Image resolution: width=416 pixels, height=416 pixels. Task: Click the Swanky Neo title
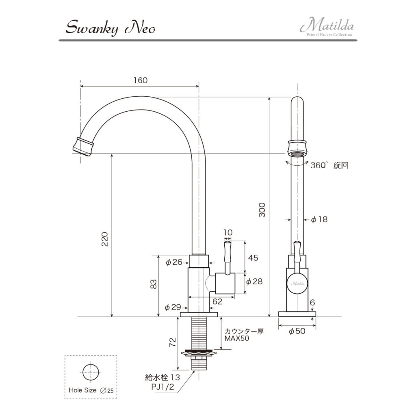point(110,28)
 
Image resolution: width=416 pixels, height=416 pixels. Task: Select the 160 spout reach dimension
point(141,80)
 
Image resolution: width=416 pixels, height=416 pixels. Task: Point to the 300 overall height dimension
point(262,209)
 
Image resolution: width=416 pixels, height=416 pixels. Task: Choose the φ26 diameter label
point(174,262)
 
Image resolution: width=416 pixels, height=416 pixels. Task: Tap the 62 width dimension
point(217,301)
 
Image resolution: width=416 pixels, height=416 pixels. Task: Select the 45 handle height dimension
point(253,258)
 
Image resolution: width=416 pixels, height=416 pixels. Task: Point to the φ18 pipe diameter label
point(319,220)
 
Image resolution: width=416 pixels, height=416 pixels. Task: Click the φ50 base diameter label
point(297,331)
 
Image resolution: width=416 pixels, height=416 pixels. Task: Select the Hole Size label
point(82,390)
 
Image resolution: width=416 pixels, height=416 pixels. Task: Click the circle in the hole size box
point(91,372)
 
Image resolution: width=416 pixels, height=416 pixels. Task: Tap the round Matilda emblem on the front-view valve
point(297,283)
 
